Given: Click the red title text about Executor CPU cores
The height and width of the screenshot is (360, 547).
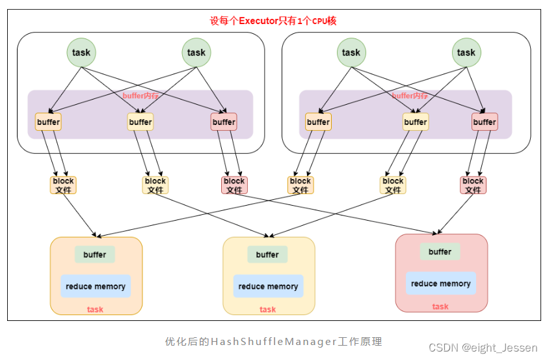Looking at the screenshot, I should (273, 20).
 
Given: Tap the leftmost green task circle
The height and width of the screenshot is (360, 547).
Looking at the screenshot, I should (81, 52).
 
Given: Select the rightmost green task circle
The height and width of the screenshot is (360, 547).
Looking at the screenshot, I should (466, 52).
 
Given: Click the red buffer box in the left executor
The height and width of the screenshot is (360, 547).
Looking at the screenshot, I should (224, 122).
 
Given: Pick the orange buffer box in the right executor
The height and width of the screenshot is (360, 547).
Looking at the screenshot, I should (318, 122).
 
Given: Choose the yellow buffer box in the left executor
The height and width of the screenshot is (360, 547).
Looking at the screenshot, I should (140, 122).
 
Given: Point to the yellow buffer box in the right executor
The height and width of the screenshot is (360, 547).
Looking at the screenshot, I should (416, 122).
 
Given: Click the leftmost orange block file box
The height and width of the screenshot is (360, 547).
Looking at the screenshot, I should (64, 185).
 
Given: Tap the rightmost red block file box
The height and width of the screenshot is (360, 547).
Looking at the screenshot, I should (473, 185).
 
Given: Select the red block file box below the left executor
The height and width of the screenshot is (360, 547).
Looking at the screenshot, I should (234, 185).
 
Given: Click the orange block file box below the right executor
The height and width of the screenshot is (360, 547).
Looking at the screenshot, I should (300, 185).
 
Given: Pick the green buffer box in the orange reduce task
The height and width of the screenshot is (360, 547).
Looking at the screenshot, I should (95, 255).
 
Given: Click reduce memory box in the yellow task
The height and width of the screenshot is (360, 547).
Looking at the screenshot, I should (268, 286).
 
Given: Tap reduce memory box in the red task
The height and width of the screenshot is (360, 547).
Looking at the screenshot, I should (441, 283).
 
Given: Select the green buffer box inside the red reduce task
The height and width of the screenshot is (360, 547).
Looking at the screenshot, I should (440, 251).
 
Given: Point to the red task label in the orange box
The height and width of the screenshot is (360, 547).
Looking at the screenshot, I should (95, 309).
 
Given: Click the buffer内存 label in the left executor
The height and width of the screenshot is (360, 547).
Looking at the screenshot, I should (140, 96).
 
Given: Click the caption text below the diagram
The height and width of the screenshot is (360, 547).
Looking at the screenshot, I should (273, 341).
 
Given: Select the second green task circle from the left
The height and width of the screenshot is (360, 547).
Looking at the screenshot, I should (196, 52).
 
